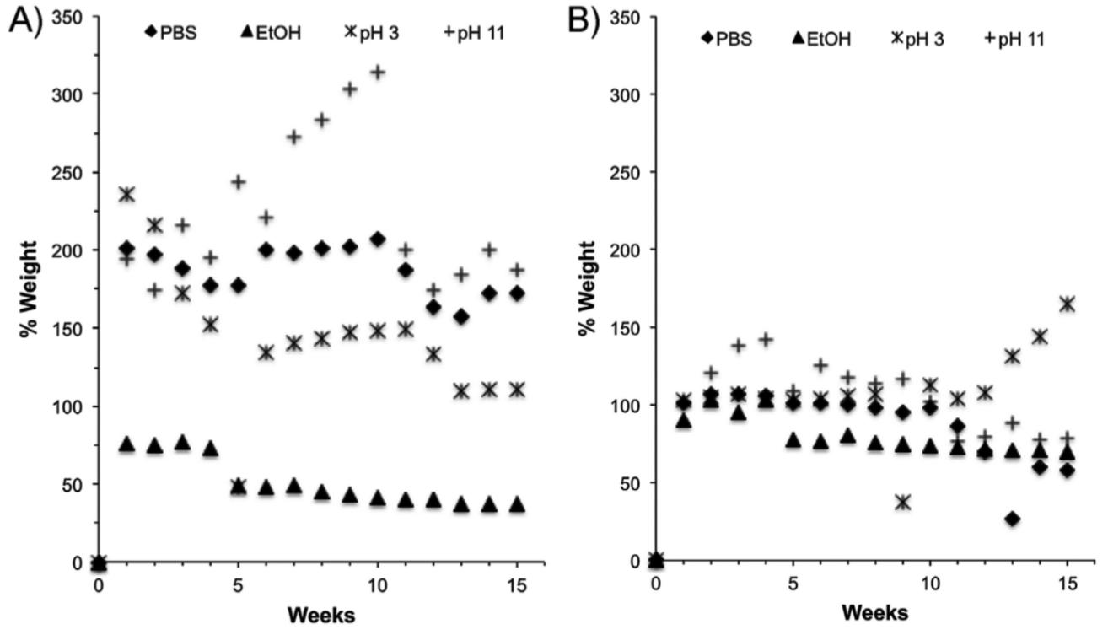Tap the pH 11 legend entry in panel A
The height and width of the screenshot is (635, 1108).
[476, 35]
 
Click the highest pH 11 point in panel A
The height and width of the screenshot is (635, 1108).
[378, 73]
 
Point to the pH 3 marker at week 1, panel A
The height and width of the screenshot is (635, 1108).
[127, 195]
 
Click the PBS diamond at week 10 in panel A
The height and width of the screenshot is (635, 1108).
[378, 239]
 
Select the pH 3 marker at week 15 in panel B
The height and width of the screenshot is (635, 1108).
[1067, 304]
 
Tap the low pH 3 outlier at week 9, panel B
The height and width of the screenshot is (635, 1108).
[902, 502]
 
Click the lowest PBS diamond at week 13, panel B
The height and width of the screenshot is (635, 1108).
[1012, 519]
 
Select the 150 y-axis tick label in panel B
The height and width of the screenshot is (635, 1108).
[629, 328]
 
